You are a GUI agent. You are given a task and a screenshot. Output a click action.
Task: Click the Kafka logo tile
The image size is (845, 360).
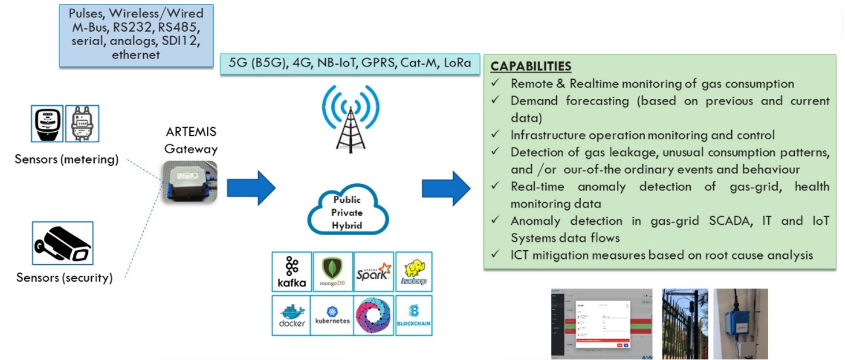(x=292, y=272)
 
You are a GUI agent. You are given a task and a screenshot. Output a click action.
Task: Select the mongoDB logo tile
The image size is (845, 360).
(x=332, y=272)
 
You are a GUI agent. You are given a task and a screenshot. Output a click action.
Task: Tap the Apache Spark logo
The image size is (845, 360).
(x=373, y=272)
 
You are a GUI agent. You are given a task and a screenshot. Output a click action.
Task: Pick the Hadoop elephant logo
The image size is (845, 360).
(x=414, y=272)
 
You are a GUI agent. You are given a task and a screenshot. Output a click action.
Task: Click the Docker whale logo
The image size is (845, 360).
(x=292, y=315)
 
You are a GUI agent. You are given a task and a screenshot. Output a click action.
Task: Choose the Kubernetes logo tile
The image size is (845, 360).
(x=332, y=315)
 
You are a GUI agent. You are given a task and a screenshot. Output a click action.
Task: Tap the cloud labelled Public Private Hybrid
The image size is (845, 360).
(x=347, y=213)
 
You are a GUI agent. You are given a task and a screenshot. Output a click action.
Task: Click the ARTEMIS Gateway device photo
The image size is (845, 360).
(x=190, y=181)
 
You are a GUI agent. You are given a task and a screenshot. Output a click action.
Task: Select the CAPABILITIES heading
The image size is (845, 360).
(x=531, y=66)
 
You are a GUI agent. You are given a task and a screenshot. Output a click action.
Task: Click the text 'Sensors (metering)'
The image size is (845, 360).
(x=66, y=159)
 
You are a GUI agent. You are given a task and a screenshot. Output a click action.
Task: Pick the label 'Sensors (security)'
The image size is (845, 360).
(x=64, y=277)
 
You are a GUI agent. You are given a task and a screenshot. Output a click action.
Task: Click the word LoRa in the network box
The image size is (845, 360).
(x=457, y=64)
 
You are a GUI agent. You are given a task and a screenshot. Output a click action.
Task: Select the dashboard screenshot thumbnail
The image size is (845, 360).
(x=601, y=324)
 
